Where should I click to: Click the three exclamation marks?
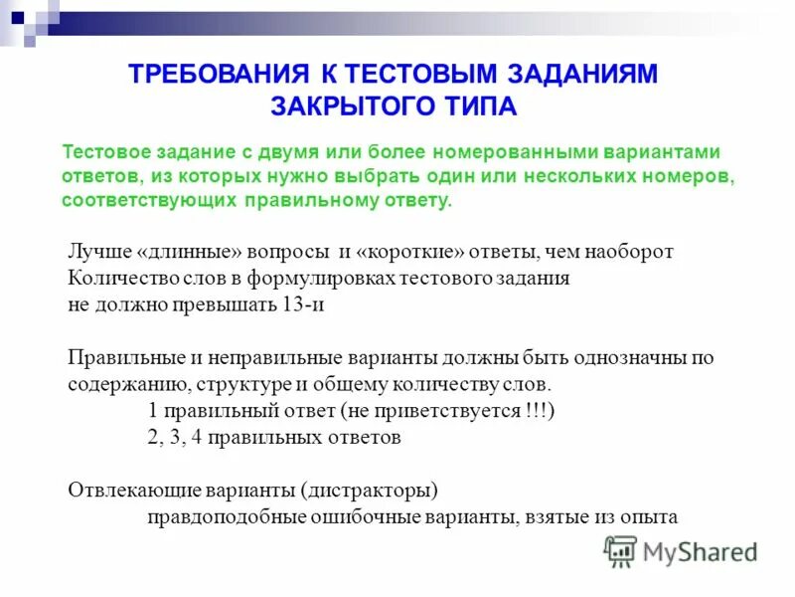pos(537,411)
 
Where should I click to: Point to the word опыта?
pos(650,516)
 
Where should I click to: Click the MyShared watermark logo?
pos(681,551)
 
